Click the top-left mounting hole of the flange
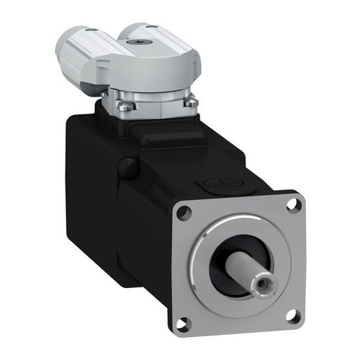(184, 212)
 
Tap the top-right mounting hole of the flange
(292, 204)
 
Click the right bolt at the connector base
(191, 103)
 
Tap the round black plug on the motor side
(127, 168)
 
